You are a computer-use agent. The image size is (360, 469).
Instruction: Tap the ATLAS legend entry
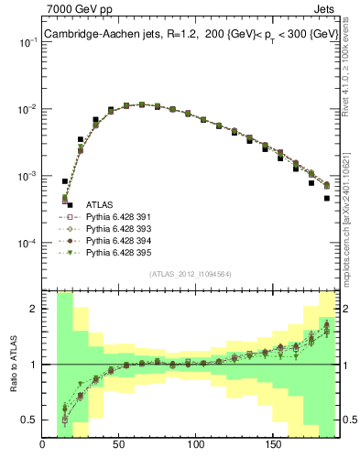[x=100, y=204]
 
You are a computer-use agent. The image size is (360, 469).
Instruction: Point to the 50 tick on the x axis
[x=119, y=446]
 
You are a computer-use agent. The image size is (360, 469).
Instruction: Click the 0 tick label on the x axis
[x=43, y=446]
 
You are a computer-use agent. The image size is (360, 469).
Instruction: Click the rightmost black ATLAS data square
[x=327, y=198]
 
